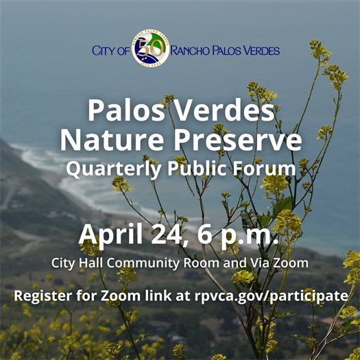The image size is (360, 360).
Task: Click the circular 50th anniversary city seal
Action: pos(150,49)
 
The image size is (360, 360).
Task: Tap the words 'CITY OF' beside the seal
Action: pos(110,51)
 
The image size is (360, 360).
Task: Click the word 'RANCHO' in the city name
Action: pos(192,51)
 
